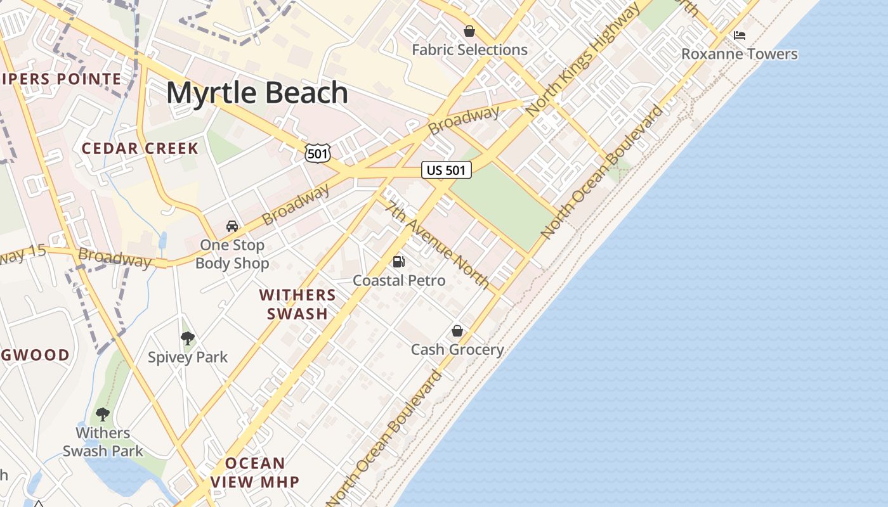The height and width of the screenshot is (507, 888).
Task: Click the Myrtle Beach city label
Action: coord(257,93)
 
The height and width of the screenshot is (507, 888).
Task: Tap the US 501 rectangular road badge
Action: coord(447,170)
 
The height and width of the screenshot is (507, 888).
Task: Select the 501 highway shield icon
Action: coord(317,153)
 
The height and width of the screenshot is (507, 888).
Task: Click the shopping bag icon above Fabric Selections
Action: coord(469,31)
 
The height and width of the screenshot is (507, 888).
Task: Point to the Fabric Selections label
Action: coord(469,50)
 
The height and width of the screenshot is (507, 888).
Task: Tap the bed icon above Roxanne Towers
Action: coord(739,35)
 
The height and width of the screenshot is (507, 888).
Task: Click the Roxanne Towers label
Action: coord(739,54)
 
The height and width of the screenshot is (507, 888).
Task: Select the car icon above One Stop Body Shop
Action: coord(232,226)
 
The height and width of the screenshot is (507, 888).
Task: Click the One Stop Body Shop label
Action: coord(232,254)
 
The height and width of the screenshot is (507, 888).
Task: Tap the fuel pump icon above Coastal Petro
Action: coord(399,261)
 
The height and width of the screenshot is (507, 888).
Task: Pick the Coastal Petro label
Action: coord(399,280)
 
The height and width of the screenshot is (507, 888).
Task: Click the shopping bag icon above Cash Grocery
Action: coord(457,331)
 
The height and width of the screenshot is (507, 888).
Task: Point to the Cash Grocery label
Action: coord(457,350)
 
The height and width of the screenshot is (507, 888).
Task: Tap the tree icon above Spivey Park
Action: coord(187,338)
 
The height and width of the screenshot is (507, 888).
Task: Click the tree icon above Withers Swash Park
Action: coord(102,414)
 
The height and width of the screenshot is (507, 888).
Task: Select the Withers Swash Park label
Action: coord(103,442)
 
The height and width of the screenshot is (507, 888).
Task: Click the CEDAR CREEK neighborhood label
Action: coord(140,149)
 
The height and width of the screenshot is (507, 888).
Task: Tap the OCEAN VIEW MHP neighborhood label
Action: coord(255,472)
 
